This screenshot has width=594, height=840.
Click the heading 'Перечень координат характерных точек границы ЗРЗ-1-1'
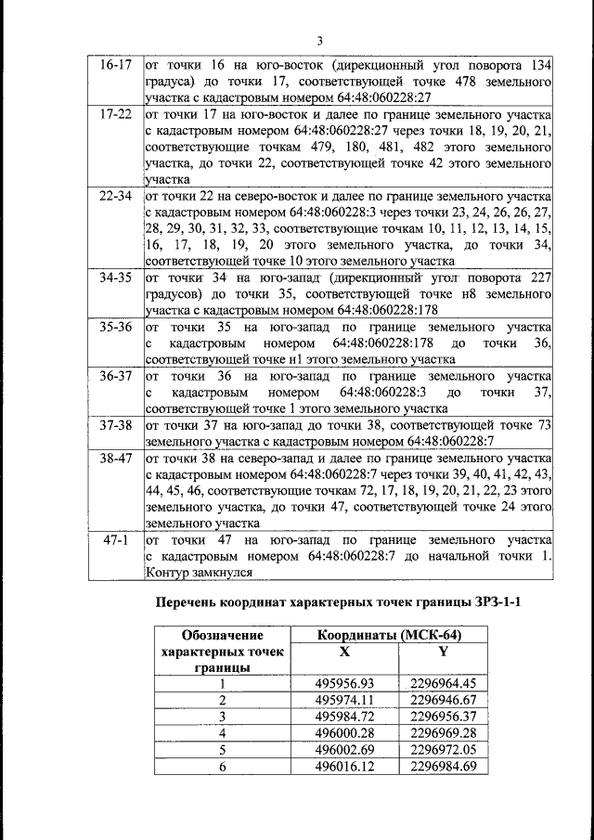(337, 601)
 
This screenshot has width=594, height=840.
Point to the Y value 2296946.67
(443, 699)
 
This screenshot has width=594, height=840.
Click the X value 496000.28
(344, 732)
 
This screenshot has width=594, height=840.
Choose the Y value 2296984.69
(443, 766)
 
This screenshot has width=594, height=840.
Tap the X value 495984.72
(344, 716)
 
